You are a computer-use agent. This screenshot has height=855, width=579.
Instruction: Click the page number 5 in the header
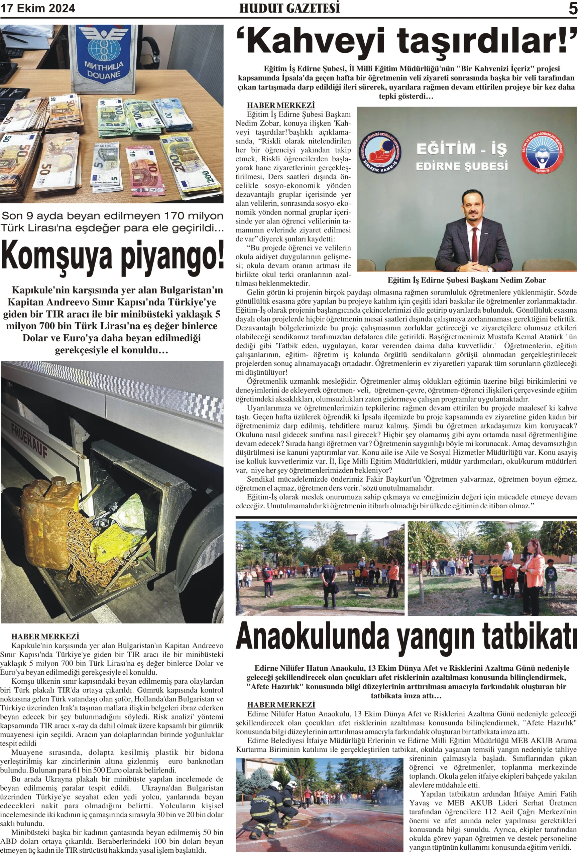[572, 8]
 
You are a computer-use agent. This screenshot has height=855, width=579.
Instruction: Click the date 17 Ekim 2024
[38, 8]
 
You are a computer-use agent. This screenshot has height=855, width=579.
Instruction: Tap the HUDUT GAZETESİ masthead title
[289, 8]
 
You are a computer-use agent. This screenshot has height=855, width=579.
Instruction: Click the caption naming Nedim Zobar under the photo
[466, 280]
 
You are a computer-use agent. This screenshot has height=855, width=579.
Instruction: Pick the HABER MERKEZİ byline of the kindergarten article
[281, 704]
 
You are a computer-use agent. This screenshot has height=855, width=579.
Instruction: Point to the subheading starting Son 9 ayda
[112, 222]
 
